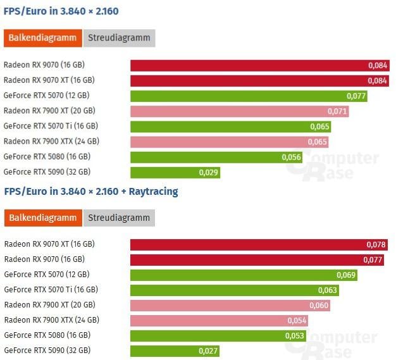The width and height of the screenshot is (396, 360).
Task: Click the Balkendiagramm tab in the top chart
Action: (43, 38)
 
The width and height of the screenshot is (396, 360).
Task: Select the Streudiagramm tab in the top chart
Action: (119, 38)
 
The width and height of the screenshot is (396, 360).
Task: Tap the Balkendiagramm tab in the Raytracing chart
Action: (43, 218)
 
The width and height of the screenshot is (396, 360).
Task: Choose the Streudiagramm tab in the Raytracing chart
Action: (119, 218)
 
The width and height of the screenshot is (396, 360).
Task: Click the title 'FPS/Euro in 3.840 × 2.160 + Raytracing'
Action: (91, 191)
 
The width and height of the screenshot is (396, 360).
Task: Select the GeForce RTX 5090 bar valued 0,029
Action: (175, 172)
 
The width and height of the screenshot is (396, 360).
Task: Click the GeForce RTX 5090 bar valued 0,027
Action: (175, 351)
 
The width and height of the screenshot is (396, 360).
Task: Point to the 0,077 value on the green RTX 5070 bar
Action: (357, 96)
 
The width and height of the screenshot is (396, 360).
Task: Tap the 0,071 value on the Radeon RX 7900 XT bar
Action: (338, 111)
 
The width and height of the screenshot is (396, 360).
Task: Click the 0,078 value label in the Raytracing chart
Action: (376, 244)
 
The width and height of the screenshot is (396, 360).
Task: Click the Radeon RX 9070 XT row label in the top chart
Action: (49, 80)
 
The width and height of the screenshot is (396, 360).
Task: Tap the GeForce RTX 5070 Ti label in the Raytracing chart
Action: (51, 290)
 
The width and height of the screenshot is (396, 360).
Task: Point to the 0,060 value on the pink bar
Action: (319, 305)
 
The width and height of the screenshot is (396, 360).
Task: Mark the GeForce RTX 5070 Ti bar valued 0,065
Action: (231, 127)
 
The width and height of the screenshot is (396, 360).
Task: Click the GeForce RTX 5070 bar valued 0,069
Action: (244, 275)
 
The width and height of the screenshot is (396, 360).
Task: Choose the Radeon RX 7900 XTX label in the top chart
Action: (51, 141)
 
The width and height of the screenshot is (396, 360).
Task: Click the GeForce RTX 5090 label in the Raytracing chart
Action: (47, 351)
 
